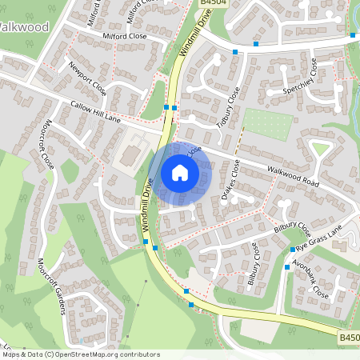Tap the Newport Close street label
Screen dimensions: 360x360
pyautogui.click(x=87, y=76)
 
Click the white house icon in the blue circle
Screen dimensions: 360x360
pyautogui.click(x=179, y=172)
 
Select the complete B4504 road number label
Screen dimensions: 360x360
pyautogui.click(x=210, y=4)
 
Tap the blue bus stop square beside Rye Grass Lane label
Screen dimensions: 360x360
pyautogui.click(x=293, y=250)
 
